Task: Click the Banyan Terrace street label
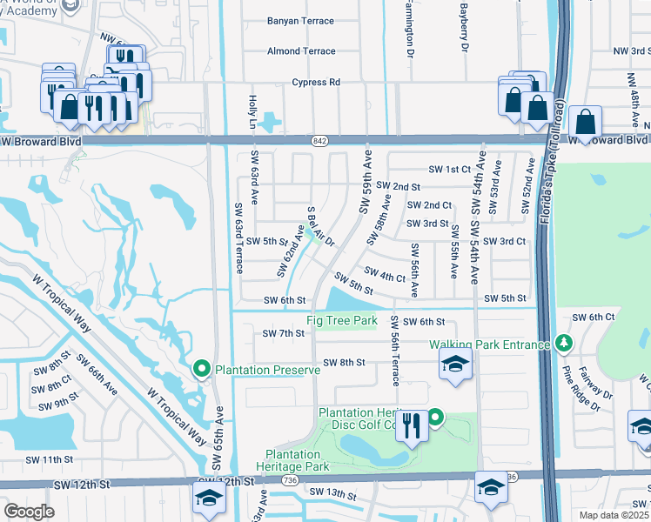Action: (x=300, y=21)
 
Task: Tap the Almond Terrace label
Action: (x=301, y=51)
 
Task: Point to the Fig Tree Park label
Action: (x=342, y=321)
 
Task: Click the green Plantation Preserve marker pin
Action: (x=202, y=370)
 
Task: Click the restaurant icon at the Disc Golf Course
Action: (x=413, y=426)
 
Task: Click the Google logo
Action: (x=30, y=512)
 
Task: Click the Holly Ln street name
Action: (x=252, y=110)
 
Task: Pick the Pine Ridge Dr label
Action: (x=581, y=388)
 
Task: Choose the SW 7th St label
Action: (x=283, y=333)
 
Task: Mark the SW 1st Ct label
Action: (x=449, y=169)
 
